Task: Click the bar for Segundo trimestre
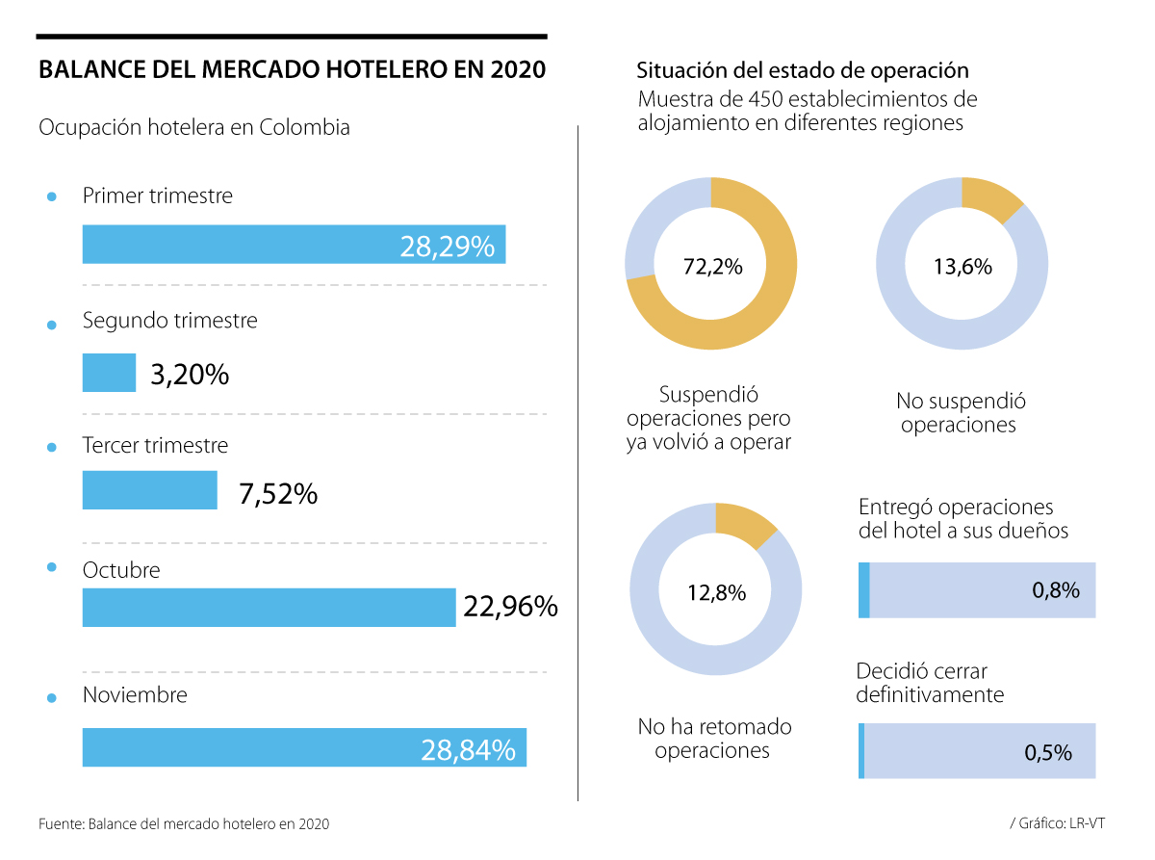(109, 373)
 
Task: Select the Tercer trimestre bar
(149, 490)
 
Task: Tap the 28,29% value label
(447, 247)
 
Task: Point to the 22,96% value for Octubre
(510, 607)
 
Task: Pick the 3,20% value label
(190, 374)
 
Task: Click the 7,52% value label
(277, 494)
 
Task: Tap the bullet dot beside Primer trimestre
(52, 197)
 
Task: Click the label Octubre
(121, 570)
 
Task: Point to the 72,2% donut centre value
(712, 267)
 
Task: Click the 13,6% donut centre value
(962, 267)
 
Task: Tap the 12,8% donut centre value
(716, 592)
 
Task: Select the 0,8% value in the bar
(1056, 590)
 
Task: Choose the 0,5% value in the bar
(1048, 753)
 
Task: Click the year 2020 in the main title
(517, 70)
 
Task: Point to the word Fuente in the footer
(61, 824)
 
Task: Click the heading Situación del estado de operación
(802, 71)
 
